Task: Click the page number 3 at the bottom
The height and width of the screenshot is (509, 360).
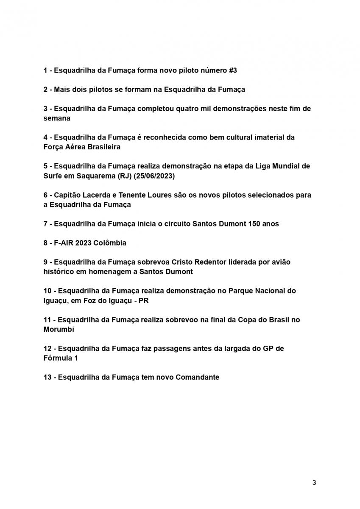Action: click(314, 483)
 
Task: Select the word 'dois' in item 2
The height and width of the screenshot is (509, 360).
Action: click(79, 89)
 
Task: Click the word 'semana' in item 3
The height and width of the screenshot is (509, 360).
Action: click(56, 118)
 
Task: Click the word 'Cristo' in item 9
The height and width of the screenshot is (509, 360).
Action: click(182, 262)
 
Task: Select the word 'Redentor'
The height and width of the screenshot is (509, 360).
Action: click(214, 262)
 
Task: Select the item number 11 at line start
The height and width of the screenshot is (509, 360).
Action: click(47, 319)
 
